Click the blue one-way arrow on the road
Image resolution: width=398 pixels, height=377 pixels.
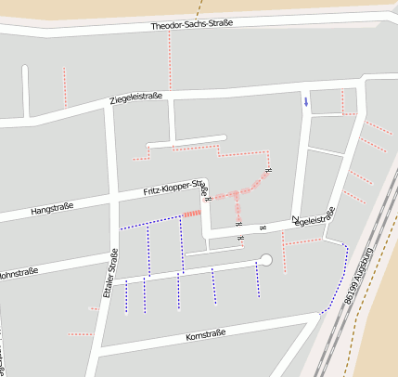pyautogui.click(x=306, y=102)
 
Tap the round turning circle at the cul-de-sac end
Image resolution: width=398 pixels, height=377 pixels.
pyautogui.click(x=266, y=260)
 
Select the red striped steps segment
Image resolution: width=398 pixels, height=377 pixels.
pyautogui.click(x=191, y=214)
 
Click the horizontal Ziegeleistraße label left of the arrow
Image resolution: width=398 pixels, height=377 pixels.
pyautogui.click(x=136, y=97)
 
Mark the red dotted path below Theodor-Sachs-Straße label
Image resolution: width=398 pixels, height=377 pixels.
pyautogui.click(x=170, y=56)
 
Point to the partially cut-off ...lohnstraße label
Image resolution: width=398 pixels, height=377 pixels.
pyautogui.click(x=19, y=274)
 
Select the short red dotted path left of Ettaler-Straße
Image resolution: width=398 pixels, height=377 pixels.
pyautogui.click(x=80, y=333)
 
